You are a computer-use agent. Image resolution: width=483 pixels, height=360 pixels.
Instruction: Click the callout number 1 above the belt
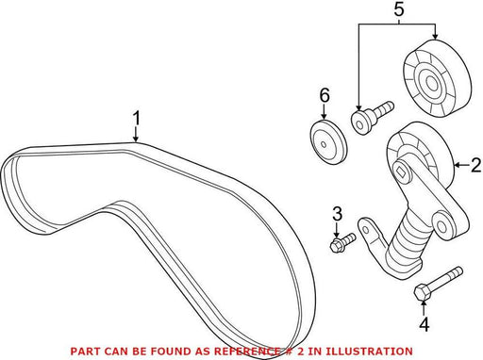(x=136, y=119)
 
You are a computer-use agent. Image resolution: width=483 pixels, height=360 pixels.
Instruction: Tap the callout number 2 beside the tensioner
(x=476, y=165)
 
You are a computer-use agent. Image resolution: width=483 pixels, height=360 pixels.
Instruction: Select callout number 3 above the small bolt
(x=337, y=214)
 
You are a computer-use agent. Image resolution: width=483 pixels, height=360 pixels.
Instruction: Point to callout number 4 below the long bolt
(x=425, y=324)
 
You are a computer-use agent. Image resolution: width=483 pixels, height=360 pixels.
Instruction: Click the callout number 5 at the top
(x=398, y=9)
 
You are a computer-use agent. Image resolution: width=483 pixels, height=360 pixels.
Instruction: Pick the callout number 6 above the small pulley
(x=325, y=95)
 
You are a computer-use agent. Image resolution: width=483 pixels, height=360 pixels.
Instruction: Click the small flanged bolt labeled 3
(x=342, y=242)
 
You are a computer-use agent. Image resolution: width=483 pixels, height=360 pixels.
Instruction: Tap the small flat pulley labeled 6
(x=328, y=142)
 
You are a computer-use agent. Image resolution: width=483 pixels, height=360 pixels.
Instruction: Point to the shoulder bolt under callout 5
(x=372, y=116)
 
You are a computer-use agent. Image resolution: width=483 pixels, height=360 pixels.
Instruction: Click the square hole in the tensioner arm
(x=402, y=172)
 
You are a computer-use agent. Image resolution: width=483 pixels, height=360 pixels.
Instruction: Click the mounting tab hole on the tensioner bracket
(x=365, y=228)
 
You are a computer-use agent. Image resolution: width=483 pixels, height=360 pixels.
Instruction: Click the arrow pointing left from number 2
(x=461, y=165)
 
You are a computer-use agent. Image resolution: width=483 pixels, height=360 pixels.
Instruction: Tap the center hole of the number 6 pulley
(x=324, y=143)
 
